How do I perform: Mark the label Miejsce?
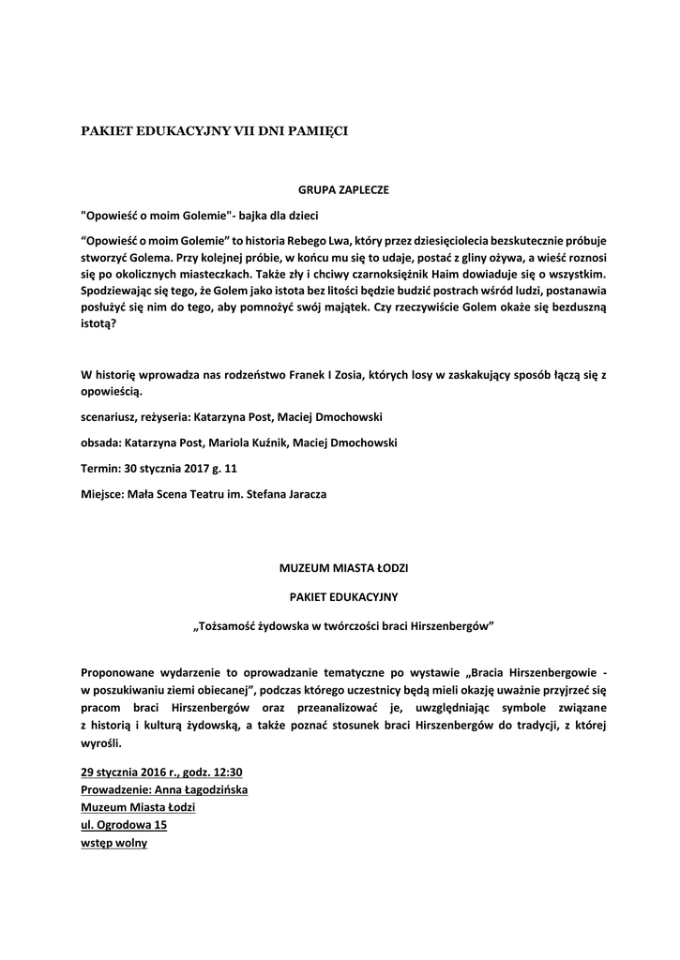point(103,493)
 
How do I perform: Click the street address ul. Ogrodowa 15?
point(117,825)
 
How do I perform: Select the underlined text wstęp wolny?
point(113,843)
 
